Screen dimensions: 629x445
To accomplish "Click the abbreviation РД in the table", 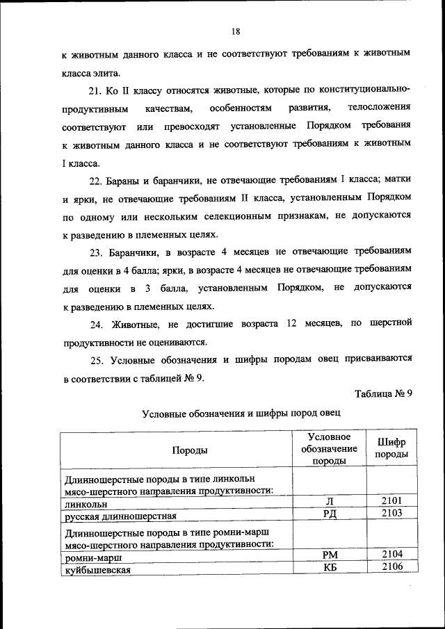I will [x=330, y=514].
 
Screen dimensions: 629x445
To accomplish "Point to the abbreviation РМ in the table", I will [x=330, y=555].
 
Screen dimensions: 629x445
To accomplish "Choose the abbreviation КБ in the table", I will [x=330, y=567].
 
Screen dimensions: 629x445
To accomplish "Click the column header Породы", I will [x=189, y=450].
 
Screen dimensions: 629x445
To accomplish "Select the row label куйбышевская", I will [x=98, y=569].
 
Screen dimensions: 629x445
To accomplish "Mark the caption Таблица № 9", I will [x=383, y=393].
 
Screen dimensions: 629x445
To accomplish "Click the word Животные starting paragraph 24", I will [x=136, y=322].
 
